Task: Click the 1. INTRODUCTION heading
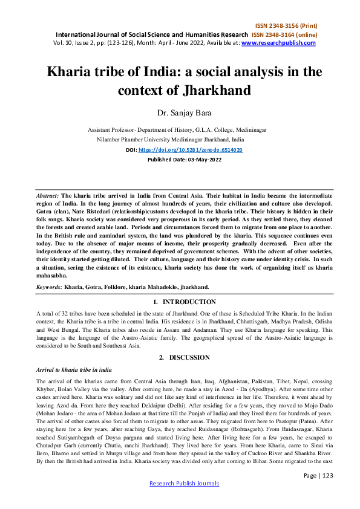pos(180,300)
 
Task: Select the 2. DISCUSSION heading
pos(180,358)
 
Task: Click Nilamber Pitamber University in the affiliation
pos(142,138)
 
